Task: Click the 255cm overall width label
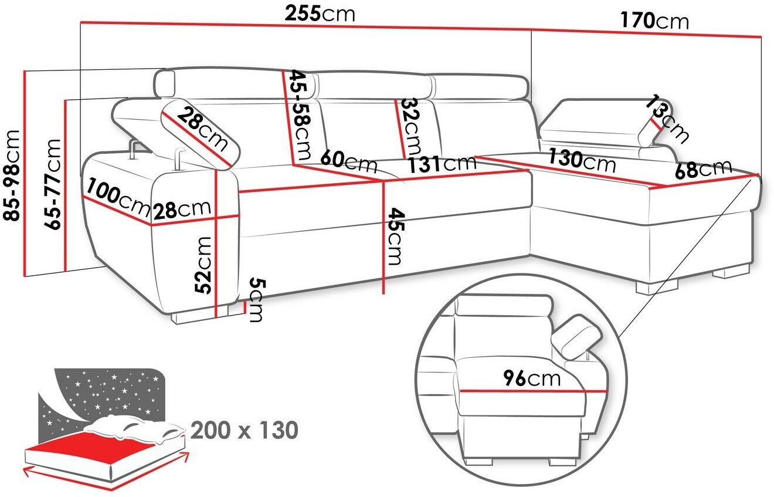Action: [x=320, y=14]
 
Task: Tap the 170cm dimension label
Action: [x=654, y=21]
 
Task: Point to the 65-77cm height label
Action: [x=53, y=184]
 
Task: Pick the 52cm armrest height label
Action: [x=202, y=265]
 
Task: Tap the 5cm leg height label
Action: [x=256, y=300]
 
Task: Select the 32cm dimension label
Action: [x=411, y=127]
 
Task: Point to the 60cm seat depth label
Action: [x=348, y=161]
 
